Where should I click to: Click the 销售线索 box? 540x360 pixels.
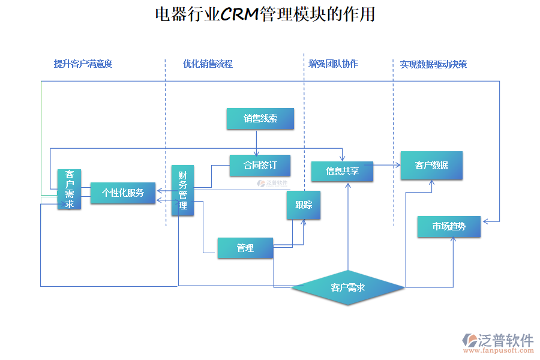pos(260,119)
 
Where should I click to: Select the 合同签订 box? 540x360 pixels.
pos(260,166)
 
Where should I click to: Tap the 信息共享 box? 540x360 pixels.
pos(342,171)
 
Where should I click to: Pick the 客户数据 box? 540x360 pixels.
pos(431,165)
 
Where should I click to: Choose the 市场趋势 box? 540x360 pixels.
pos(449,227)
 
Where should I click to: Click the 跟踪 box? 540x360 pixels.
pos(304,205)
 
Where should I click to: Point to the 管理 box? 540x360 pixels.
pos(245,248)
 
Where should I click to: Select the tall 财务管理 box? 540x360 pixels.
pos(182,190)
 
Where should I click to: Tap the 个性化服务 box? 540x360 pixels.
pos(122,193)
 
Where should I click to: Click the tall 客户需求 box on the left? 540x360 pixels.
pos(70,189)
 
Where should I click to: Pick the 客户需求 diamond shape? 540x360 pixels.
pos(348,287)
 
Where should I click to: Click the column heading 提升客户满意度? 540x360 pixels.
pos(83,64)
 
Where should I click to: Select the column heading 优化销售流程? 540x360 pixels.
pos(208,64)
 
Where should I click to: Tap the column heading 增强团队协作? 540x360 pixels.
pos(333,64)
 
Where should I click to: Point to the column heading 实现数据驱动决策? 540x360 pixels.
pos(433,64)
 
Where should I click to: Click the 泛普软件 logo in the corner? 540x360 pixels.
pos(498,340)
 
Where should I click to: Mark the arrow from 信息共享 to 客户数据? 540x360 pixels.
pos(387,164)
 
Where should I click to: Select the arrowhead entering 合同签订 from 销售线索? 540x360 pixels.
pos(257,154)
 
